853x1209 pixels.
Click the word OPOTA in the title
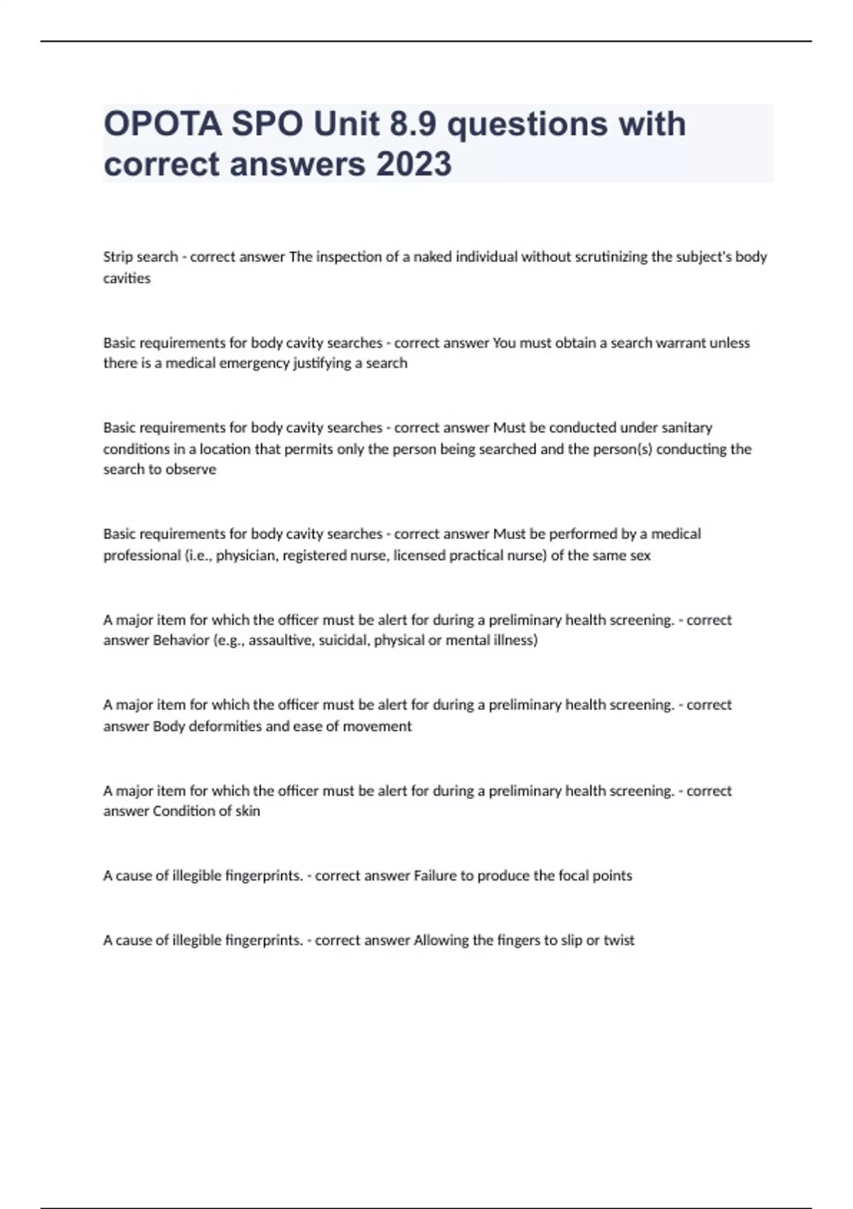pyautogui.click(x=163, y=124)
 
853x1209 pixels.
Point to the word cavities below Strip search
pyautogui.click(x=127, y=278)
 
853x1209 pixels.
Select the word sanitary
pyautogui.click(x=687, y=427)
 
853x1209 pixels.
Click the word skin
pyautogui.click(x=247, y=811)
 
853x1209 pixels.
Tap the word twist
pyautogui.click(x=618, y=940)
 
